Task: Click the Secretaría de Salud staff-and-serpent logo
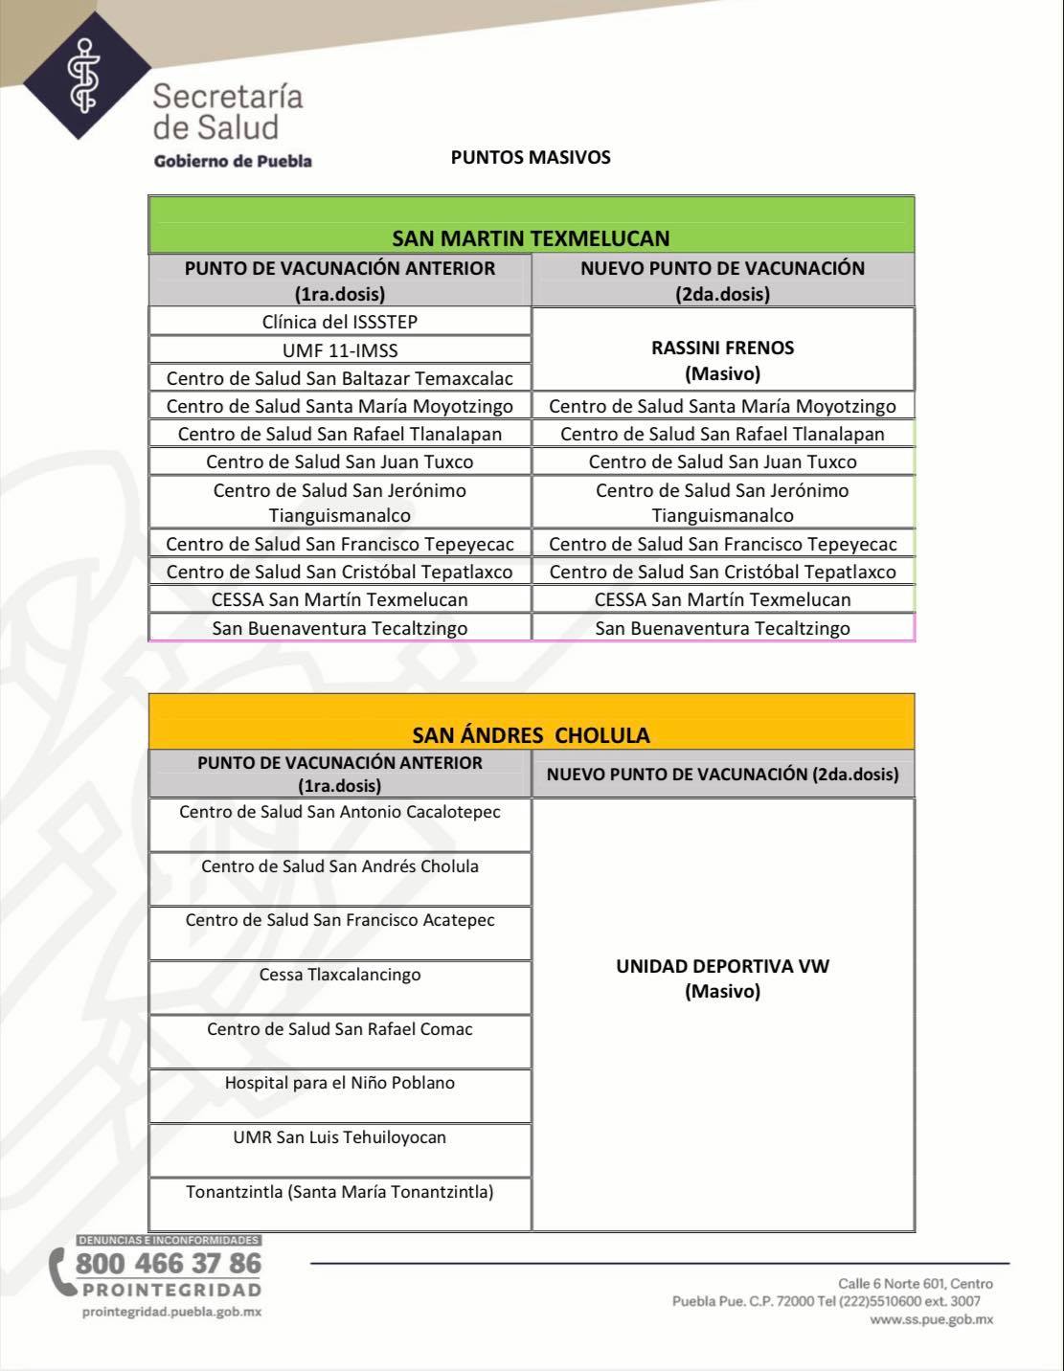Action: (x=86, y=74)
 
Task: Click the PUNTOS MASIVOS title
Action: (x=531, y=157)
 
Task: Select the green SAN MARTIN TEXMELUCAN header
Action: (x=531, y=236)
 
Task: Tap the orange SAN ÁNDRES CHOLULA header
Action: (x=531, y=734)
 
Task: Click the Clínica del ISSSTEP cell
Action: (x=340, y=322)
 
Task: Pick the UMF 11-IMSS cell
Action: (x=340, y=350)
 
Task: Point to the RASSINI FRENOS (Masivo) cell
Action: (x=722, y=360)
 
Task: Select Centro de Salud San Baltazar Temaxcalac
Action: (x=340, y=378)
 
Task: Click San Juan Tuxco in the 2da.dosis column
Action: (x=722, y=461)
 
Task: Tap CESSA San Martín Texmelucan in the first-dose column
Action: (x=340, y=599)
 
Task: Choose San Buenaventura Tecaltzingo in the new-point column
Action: (x=722, y=628)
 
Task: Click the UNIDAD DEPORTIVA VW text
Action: (x=722, y=966)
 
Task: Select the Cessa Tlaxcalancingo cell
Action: (x=340, y=975)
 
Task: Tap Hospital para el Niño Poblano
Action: (x=340, y=1083)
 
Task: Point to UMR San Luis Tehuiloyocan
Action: (x=340, y=1137)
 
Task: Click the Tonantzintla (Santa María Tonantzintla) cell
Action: (x=340, y=1192)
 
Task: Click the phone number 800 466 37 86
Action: (x=168, y=1263)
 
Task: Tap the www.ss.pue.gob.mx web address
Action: (x=931, y=1319)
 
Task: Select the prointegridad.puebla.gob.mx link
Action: (x=172, y=1312)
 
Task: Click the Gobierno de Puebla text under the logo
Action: (x=233, y=161)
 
